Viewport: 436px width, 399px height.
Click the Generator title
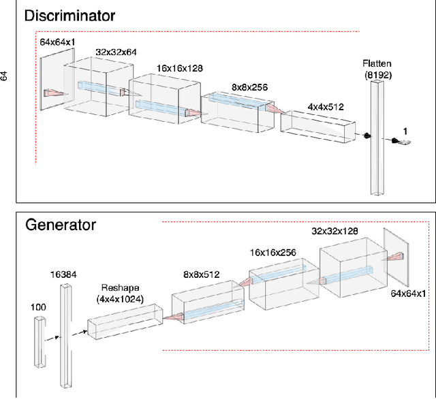click(61, 224)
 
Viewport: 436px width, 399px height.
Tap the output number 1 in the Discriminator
click(406, 129)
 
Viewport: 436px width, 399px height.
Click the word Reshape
click(120, 288)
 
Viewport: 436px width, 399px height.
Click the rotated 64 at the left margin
click(5, 75)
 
